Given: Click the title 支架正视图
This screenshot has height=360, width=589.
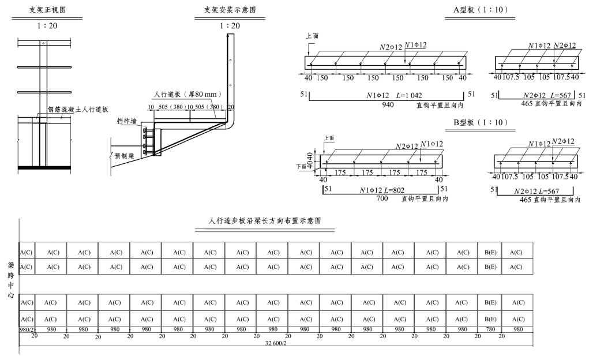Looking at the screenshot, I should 47,10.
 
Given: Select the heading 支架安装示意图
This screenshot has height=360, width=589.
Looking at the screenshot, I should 230,10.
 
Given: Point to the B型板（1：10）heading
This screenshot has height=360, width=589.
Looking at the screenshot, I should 477,122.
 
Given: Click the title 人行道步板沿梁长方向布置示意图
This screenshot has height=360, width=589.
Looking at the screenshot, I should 265,221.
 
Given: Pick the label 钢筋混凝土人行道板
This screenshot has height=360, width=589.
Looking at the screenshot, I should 78,109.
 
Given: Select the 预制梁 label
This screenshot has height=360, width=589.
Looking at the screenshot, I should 124,155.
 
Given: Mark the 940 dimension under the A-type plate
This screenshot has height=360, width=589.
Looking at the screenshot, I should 389,104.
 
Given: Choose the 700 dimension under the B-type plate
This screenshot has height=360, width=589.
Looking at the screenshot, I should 382,198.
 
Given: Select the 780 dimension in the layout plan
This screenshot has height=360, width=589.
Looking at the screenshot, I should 490,329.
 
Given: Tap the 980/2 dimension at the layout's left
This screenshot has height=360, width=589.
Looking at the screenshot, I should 27,329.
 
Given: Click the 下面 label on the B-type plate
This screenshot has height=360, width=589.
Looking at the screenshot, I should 301,166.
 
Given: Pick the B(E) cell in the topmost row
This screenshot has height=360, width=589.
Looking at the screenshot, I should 490,252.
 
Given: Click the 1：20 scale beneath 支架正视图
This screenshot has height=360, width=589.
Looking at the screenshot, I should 47,25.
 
